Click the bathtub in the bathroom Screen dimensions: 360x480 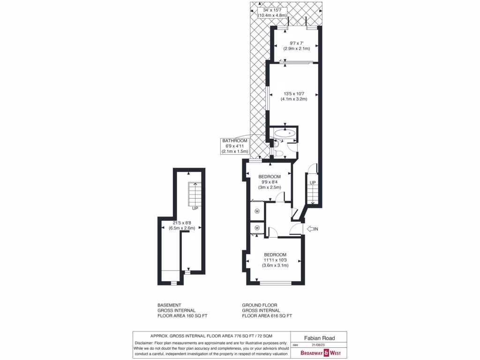pyautogui.click(x=285, y=133)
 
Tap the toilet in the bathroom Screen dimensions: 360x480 pyautogui.click(x=278, y=152)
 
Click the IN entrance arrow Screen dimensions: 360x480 pyautogui.click(x=312, y=229)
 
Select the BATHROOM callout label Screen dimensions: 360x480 pyautogui.click(x=235, y=146)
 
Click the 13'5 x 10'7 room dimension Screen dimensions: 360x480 pyautogui.click(x=294, y=96)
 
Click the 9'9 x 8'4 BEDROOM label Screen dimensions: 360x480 pyautogui.click(x=270, y=182)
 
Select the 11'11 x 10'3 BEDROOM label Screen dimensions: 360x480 pyautogui.click(x=275, y=259)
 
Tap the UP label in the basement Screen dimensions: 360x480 pyautogui.click(x=194, y=208)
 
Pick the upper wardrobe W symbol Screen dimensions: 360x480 pyautogui.click(x=257, y=211)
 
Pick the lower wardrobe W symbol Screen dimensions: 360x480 pyautogui.click(x=257, y=228)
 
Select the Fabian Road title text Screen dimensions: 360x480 pyautogui.click(x=319, y=337)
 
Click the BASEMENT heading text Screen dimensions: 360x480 pyautogui.click(x=169, y=305)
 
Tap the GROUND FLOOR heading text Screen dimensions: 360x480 pyautogui.click(x=261, y=305)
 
